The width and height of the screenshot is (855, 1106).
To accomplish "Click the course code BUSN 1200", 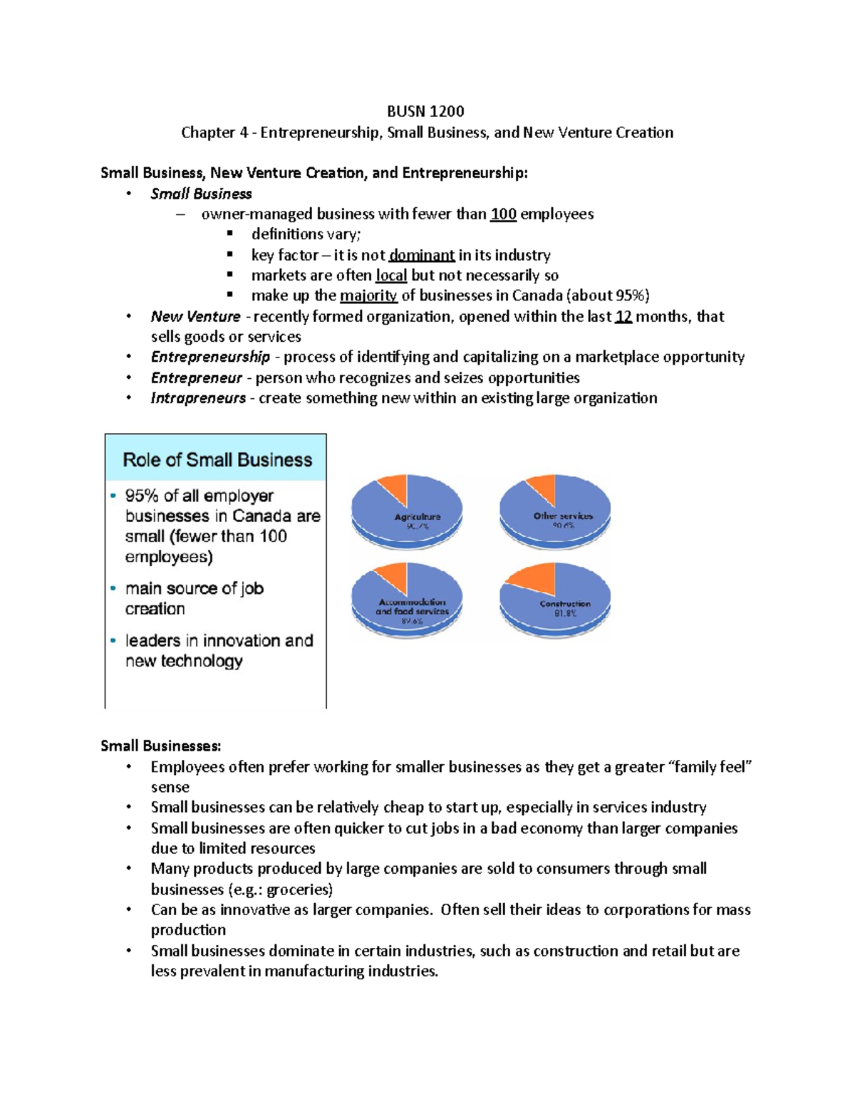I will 425,111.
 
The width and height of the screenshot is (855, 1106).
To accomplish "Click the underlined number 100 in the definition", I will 503,214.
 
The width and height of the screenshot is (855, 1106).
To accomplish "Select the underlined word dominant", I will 422,255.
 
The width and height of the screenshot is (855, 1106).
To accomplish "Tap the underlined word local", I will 391,276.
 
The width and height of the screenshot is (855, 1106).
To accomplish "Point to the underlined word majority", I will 368,296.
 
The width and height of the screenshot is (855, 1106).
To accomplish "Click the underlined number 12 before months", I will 623,316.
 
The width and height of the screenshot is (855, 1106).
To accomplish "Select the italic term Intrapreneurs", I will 198,398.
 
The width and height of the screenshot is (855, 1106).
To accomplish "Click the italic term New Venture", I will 195,316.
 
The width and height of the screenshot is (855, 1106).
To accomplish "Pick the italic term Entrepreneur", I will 196,377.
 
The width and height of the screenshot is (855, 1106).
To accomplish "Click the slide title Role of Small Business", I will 217,460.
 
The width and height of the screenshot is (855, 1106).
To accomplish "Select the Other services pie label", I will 563,516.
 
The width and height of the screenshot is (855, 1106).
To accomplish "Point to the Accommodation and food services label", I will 412,607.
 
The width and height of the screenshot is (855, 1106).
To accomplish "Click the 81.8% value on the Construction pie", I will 566,613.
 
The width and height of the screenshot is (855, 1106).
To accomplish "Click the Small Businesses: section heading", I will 160,746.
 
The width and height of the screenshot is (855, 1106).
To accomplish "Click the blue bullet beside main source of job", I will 113,588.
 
